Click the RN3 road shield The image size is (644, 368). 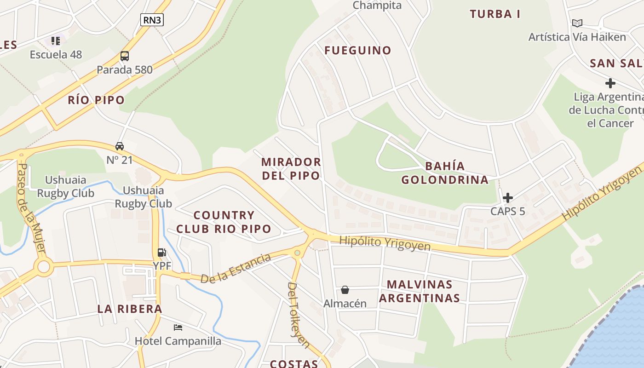coord(152,19)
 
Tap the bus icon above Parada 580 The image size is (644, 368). coord(124,56)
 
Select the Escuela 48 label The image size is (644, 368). coord(56,54)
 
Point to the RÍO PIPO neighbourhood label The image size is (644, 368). coord(96,100)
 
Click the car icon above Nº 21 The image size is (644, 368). coord(120,146)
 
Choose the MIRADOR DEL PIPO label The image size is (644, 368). coord(291,168)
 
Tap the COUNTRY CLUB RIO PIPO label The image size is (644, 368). coord(224,222)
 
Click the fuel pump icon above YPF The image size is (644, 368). coord(161,252)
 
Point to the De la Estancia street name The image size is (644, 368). coord(236,268)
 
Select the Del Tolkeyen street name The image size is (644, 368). coord(298,315)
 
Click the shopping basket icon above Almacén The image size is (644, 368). coord(345,290)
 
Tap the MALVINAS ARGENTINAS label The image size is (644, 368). coord(419,291)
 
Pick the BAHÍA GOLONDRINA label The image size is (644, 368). coord(445,172)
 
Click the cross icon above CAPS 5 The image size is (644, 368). coord(507,198)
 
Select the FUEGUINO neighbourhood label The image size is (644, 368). coord(358,50)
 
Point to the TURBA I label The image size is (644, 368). coord(495,14)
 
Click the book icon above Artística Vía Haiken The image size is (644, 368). coord(577,23)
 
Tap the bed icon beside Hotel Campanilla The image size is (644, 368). coord(178,328)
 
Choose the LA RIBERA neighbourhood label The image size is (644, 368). coord(130,309)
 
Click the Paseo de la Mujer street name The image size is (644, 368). coord(31,207)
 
